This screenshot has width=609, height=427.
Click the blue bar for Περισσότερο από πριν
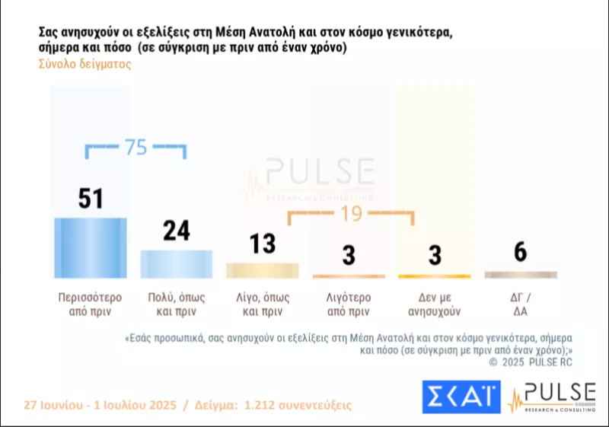(90, 248)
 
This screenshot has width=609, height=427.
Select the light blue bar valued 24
(176, 263)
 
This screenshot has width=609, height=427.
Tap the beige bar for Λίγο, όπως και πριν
(263, 270)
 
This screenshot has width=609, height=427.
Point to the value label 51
(91, 199)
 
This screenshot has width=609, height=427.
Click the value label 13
(263, 244)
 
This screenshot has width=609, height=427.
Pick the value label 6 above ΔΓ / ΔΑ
(521, 253)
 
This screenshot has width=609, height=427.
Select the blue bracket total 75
(136, 148)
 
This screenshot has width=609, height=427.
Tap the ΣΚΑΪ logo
(461, 396)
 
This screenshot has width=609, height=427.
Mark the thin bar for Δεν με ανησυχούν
(435, 276)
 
